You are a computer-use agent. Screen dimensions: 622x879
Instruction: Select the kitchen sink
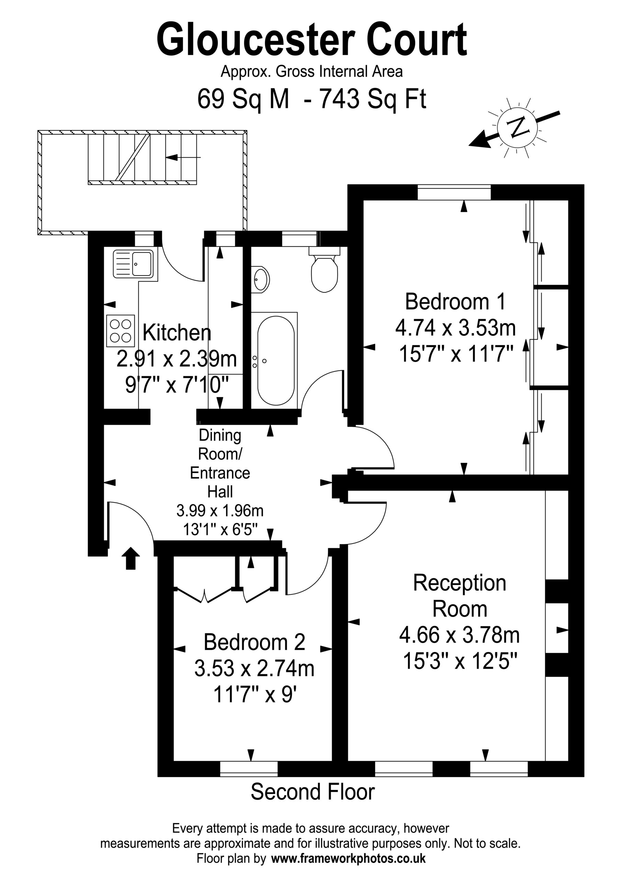coord(133,264)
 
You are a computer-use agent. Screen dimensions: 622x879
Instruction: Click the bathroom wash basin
coord(260,279)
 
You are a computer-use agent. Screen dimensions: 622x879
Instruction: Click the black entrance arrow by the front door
coord(131,558)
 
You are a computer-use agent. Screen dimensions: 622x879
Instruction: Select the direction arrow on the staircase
coord(183,157)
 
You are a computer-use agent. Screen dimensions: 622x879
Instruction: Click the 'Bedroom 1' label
coord(455,302)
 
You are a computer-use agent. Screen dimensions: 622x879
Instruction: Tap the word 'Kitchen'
coord(177,333)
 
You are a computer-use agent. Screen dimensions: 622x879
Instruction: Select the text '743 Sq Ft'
coord(373,99)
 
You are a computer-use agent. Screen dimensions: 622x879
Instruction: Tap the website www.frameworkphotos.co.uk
coord(348,859)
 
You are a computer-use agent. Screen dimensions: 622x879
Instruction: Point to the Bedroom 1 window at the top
coord(454,192)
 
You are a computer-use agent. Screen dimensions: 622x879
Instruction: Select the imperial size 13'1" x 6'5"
coord(220,529)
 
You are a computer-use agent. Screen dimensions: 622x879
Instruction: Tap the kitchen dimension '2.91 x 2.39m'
coord(177,359)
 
